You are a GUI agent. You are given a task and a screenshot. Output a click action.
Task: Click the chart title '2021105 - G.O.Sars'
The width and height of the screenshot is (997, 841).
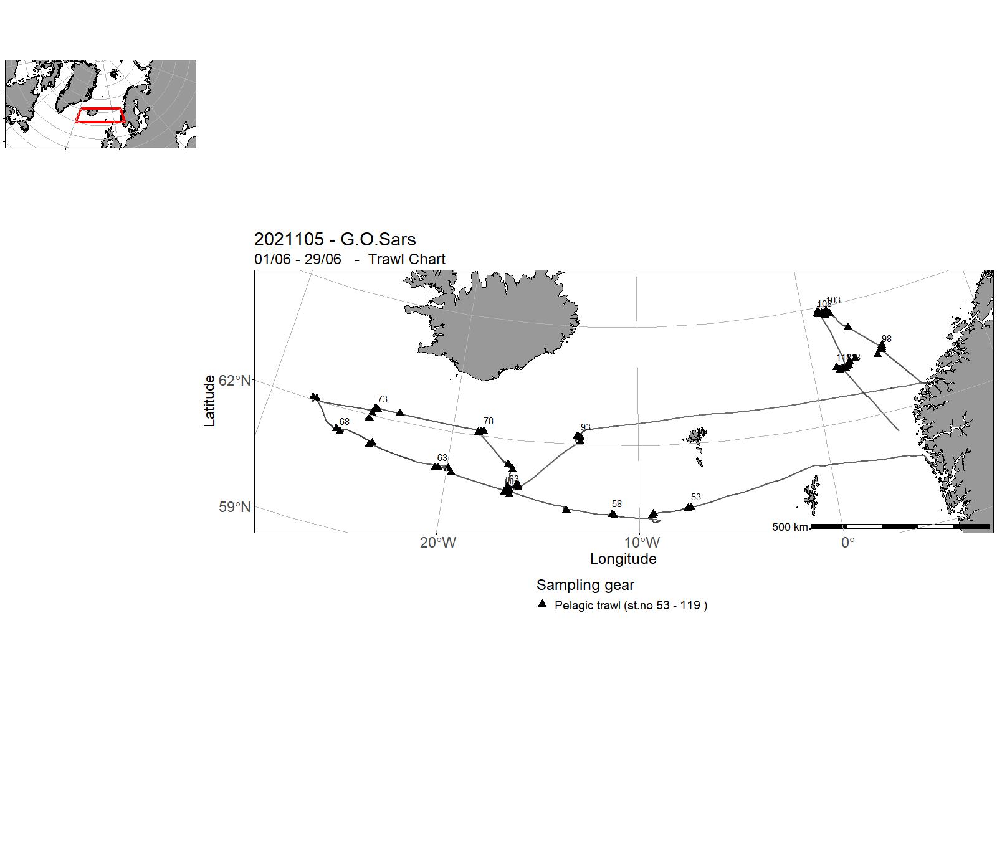click(335, 239)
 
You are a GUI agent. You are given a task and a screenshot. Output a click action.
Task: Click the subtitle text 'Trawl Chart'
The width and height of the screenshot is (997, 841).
click(406, 259)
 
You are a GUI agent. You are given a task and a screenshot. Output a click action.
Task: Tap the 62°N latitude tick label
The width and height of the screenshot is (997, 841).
click(235, 381)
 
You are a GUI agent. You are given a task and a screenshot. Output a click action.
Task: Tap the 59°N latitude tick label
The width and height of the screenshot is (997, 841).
click(235, 507)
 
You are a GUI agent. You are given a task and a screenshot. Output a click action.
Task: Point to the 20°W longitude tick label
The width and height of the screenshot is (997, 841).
click(437, 543)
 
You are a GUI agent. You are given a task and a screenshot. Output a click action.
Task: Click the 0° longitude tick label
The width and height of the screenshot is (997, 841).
click(847, 543)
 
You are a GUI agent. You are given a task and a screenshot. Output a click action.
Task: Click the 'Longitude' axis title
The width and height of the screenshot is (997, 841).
click(623, 559)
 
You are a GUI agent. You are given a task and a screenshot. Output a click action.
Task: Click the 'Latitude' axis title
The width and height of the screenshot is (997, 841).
click(209, 401)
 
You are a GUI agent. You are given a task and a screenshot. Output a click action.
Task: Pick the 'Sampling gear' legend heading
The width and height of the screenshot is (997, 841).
click(585, 585)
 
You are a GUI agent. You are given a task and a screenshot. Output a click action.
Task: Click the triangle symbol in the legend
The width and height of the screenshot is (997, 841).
click(542, 604)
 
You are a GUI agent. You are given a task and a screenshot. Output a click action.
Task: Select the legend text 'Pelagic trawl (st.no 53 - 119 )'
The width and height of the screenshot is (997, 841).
click(631, 605)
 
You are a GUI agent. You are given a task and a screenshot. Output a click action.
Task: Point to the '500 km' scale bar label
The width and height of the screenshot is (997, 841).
click(789, 527)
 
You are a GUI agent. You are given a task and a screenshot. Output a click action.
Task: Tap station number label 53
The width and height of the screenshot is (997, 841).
click(696, 497)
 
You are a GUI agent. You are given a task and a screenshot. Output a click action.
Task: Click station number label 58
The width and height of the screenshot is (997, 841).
click(617, 504)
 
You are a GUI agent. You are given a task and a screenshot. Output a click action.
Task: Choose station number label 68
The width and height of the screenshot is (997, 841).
click(345, 422)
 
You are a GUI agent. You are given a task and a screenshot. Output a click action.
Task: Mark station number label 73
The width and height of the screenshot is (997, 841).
click(383, 399)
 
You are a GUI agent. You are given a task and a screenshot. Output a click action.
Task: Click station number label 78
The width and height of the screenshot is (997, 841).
click(489, 421)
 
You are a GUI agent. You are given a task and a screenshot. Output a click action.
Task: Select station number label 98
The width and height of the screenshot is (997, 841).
click(887, 339)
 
